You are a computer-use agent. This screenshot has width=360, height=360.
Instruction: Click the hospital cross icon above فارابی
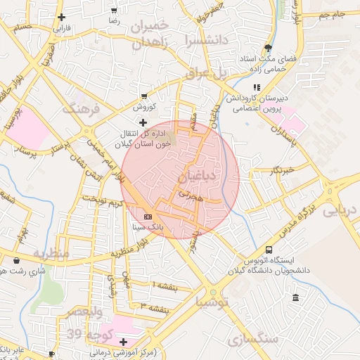point(62,18)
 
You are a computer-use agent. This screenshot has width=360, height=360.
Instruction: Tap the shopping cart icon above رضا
point(114,11)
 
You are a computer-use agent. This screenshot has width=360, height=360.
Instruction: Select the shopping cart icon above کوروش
point(144,96)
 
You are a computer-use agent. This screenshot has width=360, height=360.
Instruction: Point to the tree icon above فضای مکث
point(268,47)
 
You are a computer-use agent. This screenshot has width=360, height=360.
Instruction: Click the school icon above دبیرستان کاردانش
point(256,87)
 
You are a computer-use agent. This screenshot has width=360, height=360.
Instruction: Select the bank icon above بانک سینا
point(148,217)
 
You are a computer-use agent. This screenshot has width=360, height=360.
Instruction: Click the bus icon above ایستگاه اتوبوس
point(269,250)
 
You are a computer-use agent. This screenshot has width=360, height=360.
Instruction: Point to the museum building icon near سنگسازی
point(295,298)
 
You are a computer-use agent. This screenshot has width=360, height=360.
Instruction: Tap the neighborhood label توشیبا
point(212,304)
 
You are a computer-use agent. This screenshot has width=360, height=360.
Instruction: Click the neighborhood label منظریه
point(51,252)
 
